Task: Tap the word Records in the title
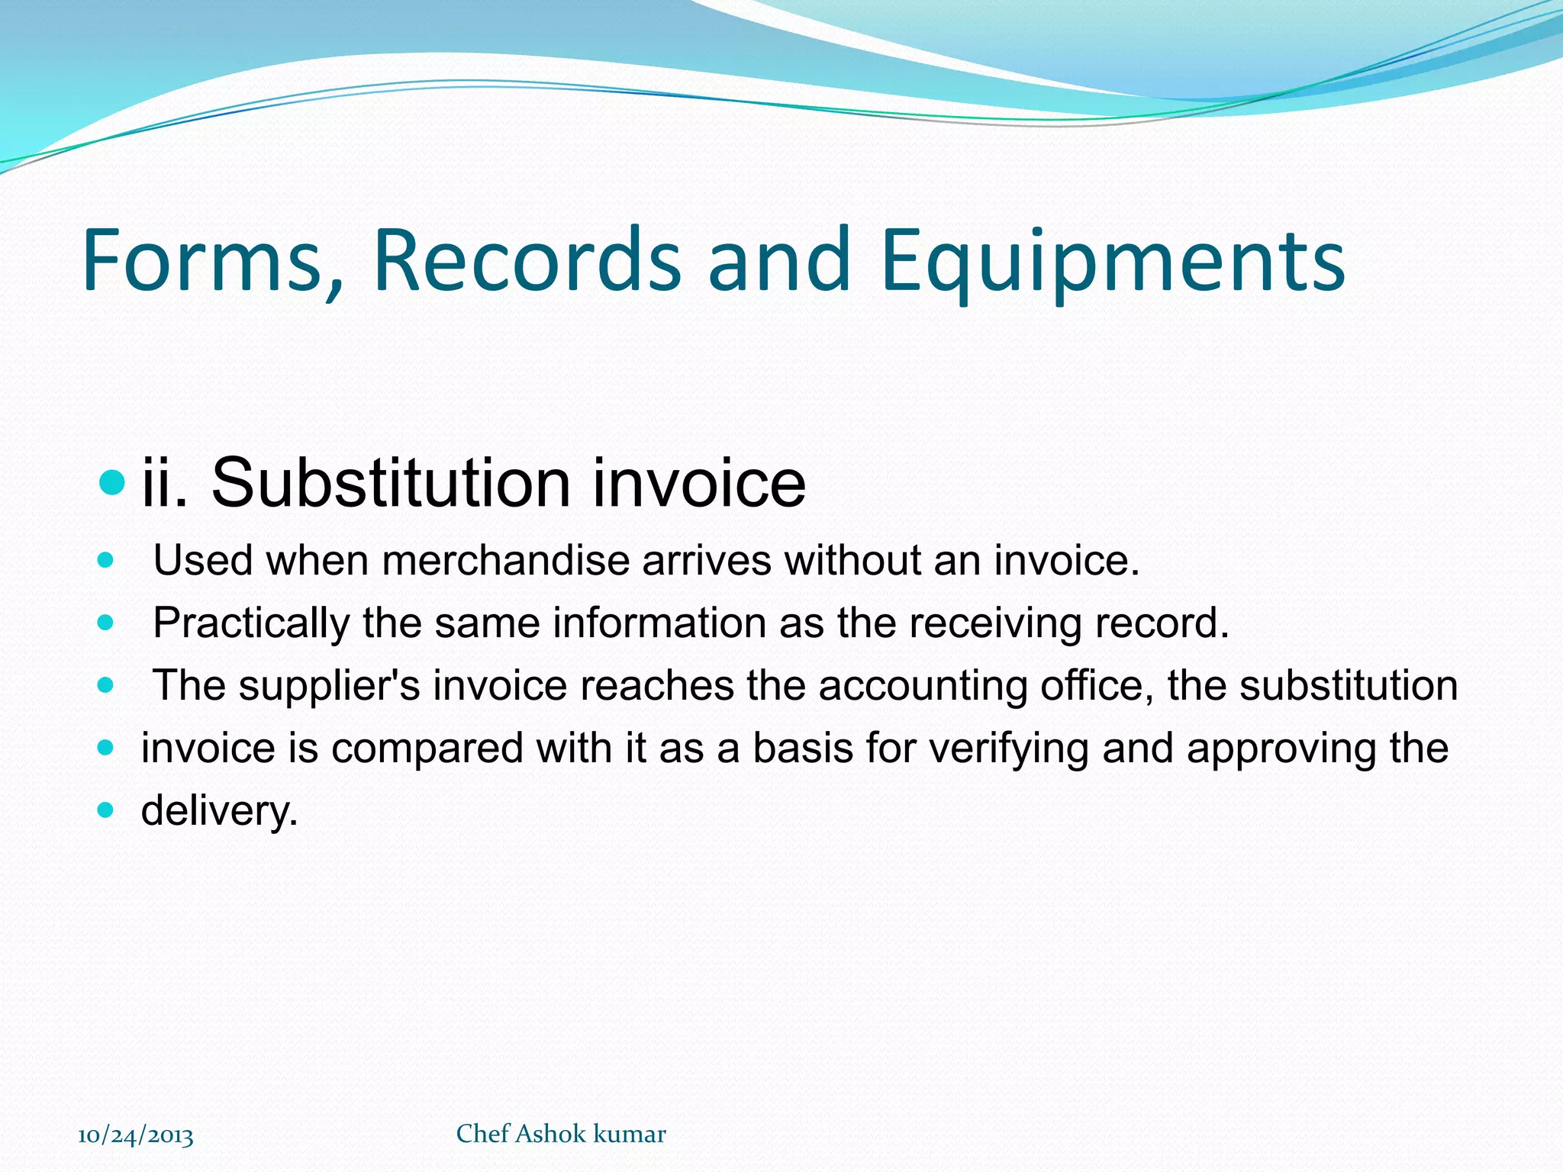[527, 261]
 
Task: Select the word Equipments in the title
[1113, 261]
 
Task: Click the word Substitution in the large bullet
[390, 483]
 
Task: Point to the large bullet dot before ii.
[112, 482]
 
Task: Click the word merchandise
[505, 561]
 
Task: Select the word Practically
[251, 623]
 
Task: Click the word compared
[427, 749]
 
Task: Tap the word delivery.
[219, 810]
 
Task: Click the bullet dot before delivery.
[106, 810]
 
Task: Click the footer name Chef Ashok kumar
[561, 1134]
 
